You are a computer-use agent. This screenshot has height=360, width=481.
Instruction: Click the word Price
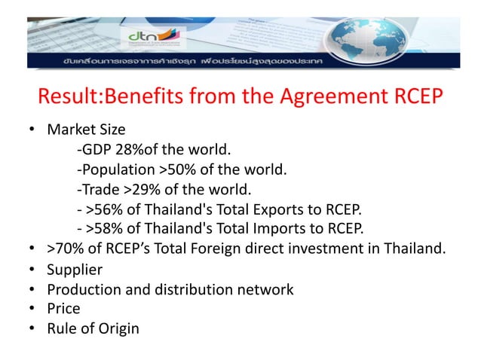pos(63,308)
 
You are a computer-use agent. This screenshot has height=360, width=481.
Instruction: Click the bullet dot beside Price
pos(34,308)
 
